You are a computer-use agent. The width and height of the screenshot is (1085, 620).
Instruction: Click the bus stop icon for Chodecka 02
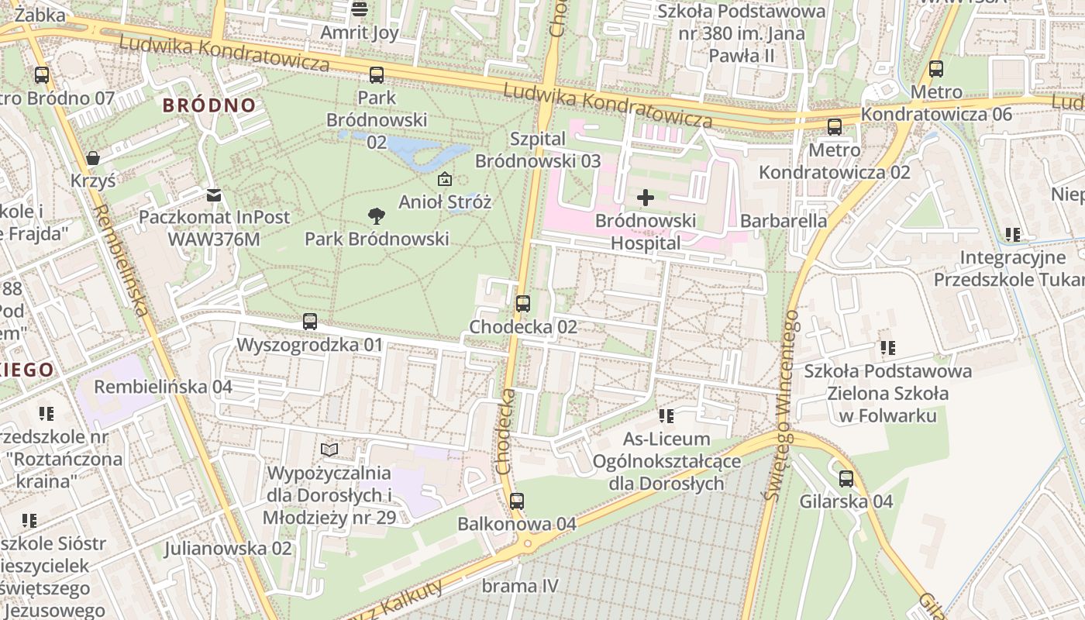pos(523,304)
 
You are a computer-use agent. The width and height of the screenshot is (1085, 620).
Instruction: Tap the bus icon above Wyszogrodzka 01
pos(310,322)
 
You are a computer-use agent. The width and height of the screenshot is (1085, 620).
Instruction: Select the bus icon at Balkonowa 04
pos(517,501)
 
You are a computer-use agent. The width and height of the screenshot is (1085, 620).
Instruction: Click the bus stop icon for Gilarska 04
pos(846,479)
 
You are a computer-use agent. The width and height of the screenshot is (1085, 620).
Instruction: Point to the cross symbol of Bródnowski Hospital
pos(645,198)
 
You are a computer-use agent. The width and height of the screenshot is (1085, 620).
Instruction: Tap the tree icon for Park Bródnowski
pos(377,215)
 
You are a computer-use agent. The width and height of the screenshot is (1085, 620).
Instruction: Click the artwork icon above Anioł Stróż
pos(445,180)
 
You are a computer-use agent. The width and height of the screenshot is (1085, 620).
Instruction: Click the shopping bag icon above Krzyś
pos(93,158)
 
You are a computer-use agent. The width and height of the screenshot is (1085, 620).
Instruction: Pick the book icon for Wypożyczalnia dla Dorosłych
pos(329,449)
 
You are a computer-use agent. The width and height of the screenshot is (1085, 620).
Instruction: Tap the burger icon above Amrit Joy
pos(359,9)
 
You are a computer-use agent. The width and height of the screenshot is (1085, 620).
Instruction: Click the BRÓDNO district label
pos(209,105)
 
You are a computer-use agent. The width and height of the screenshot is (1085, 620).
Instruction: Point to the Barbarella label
pos(784,221)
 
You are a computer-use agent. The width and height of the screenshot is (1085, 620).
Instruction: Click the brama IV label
pos(519,586)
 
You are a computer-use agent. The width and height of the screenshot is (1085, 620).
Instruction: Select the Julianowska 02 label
pos(228,549)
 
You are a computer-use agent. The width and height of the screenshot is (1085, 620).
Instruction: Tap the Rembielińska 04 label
pos(164,386)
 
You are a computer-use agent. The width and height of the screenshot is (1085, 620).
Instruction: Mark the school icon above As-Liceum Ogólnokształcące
pos(666,416)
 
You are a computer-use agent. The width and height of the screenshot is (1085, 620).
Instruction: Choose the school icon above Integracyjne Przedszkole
pos(1012,234)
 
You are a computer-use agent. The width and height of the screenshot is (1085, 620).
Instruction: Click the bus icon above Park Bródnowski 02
pos(377,75)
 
